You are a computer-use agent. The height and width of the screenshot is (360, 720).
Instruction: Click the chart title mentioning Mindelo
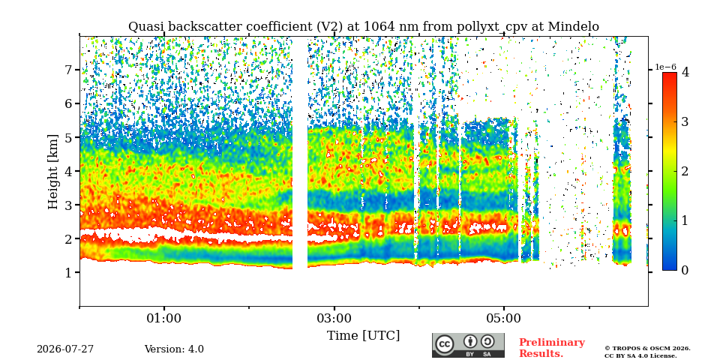363,27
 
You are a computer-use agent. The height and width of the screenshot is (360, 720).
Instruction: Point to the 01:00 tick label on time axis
164,319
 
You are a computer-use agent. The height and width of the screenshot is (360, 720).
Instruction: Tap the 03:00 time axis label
334,319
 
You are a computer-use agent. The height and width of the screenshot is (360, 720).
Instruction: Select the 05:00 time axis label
504,319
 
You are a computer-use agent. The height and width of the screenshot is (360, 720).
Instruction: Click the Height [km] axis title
53,172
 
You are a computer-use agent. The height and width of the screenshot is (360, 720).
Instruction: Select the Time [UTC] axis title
363,336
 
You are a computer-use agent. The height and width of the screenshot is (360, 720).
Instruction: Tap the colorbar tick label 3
685,121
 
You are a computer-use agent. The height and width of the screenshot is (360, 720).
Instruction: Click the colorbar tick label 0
685,271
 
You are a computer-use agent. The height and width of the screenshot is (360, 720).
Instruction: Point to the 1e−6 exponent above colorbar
665,67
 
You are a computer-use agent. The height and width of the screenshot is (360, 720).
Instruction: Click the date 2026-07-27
65,349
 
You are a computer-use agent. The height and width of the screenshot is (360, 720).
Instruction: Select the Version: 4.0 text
174,349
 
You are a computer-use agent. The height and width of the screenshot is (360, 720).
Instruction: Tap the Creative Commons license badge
468,345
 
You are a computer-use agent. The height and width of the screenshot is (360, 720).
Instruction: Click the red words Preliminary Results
552,348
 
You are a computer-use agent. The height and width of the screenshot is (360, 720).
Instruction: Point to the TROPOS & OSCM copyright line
647,349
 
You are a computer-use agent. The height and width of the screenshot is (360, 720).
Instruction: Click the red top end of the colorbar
670,74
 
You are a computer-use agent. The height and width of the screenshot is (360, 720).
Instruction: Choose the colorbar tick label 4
685,72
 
